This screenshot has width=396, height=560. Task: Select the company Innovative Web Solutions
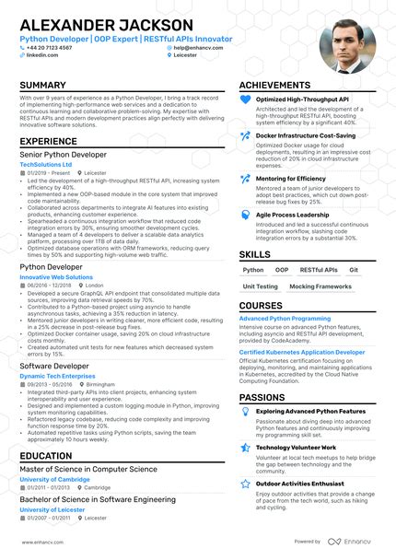(56, 276)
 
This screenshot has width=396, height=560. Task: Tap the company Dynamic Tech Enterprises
(57, 376)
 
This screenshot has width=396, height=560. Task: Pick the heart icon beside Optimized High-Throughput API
(245, 99)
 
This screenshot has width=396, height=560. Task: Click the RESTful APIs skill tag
(318, 271)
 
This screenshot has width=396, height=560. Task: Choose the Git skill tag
(354, 271)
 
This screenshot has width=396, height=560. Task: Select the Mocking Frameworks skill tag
(320, 286)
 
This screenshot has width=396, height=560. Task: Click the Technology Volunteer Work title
(296, 448)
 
